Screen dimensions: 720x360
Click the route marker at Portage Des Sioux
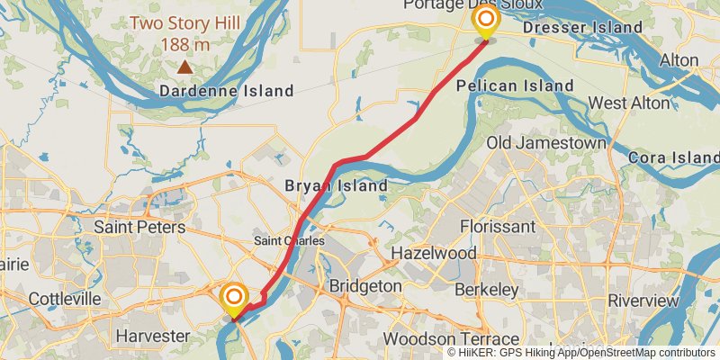tap(485, 20)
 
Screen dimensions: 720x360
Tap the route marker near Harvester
tap(234, 297)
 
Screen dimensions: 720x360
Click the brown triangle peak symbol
tap(184, 66)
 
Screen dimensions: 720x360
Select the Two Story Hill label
tap(184, 23)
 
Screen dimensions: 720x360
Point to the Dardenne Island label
tap(226, 91)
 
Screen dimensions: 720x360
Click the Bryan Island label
tap(336, 186)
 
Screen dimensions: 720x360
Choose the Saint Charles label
tap(289, 241)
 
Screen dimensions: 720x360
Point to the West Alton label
tap(629, 103)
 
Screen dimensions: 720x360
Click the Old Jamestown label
tap(545, 143)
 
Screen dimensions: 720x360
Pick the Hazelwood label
tap(433, 255)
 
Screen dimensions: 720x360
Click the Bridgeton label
tap(364, 285)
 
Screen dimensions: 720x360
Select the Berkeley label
tap(486, 290)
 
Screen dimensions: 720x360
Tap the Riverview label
tap(643, 300)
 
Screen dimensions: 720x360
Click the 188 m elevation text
tap(184, 43)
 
